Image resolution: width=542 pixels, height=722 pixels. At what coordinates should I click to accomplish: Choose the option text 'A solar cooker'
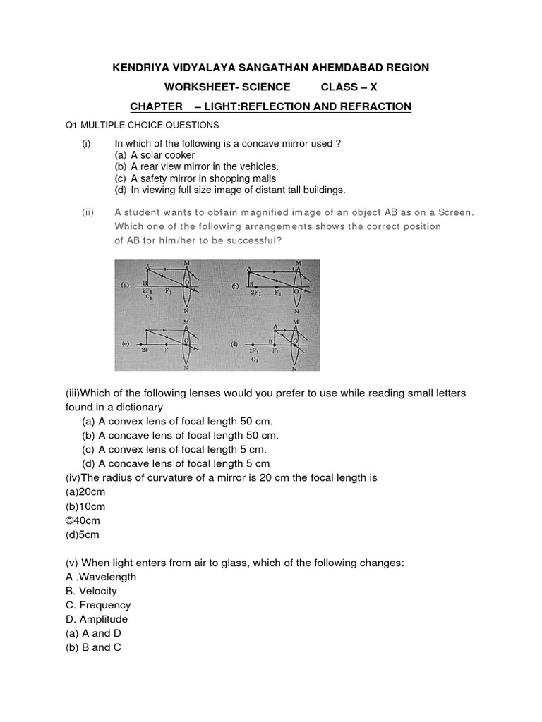click(x=162, y=154)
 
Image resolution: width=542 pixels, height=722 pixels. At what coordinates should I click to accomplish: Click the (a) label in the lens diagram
click(x=125, y=286)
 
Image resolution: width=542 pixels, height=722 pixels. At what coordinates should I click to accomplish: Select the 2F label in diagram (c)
click(x=145, y=349)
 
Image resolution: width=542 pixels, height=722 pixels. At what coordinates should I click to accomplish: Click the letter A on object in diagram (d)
click(x=275, y=326)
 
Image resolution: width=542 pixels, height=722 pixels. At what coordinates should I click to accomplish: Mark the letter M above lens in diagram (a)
click(x=186, y=263)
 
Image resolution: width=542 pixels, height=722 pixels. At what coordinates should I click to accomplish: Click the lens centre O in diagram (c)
click(x=185, y=341)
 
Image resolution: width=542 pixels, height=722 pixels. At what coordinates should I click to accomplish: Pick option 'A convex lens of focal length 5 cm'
click(x=183, y=449)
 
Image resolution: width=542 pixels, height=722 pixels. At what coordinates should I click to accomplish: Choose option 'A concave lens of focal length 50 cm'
click(x=188, y=435)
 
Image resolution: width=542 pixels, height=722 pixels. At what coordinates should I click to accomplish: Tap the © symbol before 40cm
click(x=70, y=520)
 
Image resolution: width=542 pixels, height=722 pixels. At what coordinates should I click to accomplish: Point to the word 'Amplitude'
click(x=103, y=619)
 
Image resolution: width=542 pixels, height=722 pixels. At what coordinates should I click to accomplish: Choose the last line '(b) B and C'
click(x=93, y=647)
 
